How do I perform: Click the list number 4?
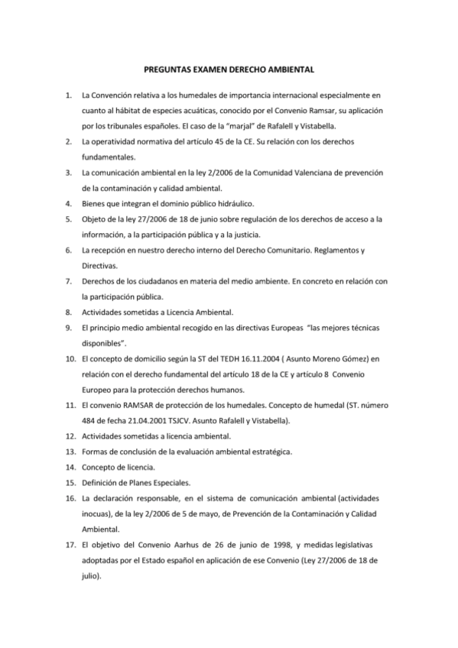click(69, 203)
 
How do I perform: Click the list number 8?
click(69, 312)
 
